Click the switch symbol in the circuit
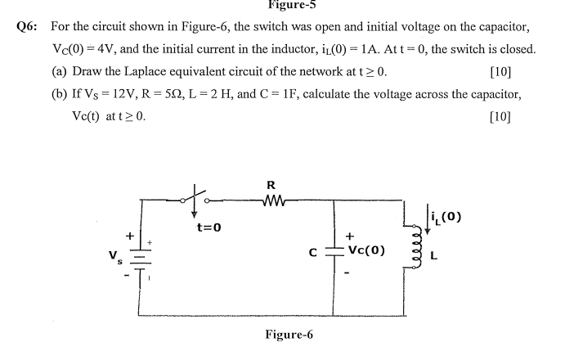click(x=196, y=197)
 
